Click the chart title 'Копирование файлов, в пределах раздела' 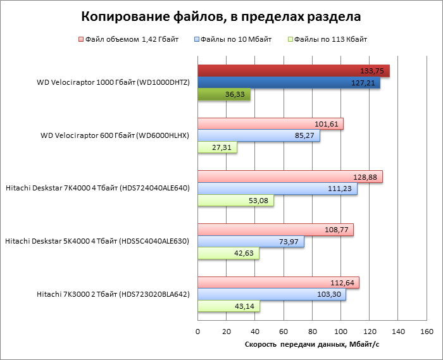click(221, 16)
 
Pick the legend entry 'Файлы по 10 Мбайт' click(235, 39)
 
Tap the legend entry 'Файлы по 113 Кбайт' click(331, 39)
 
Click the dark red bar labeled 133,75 click(293, 71)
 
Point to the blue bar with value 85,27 click(259, 136)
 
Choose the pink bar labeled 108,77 click(275, 230)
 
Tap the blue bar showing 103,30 click(271, 295)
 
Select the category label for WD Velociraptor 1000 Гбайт click(113, 83)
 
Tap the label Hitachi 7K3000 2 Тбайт click(113, 294)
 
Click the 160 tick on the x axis click(426, 332)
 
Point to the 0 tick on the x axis click(198, 332)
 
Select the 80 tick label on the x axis click(312, 332)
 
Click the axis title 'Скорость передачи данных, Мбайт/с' click(312, 345)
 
